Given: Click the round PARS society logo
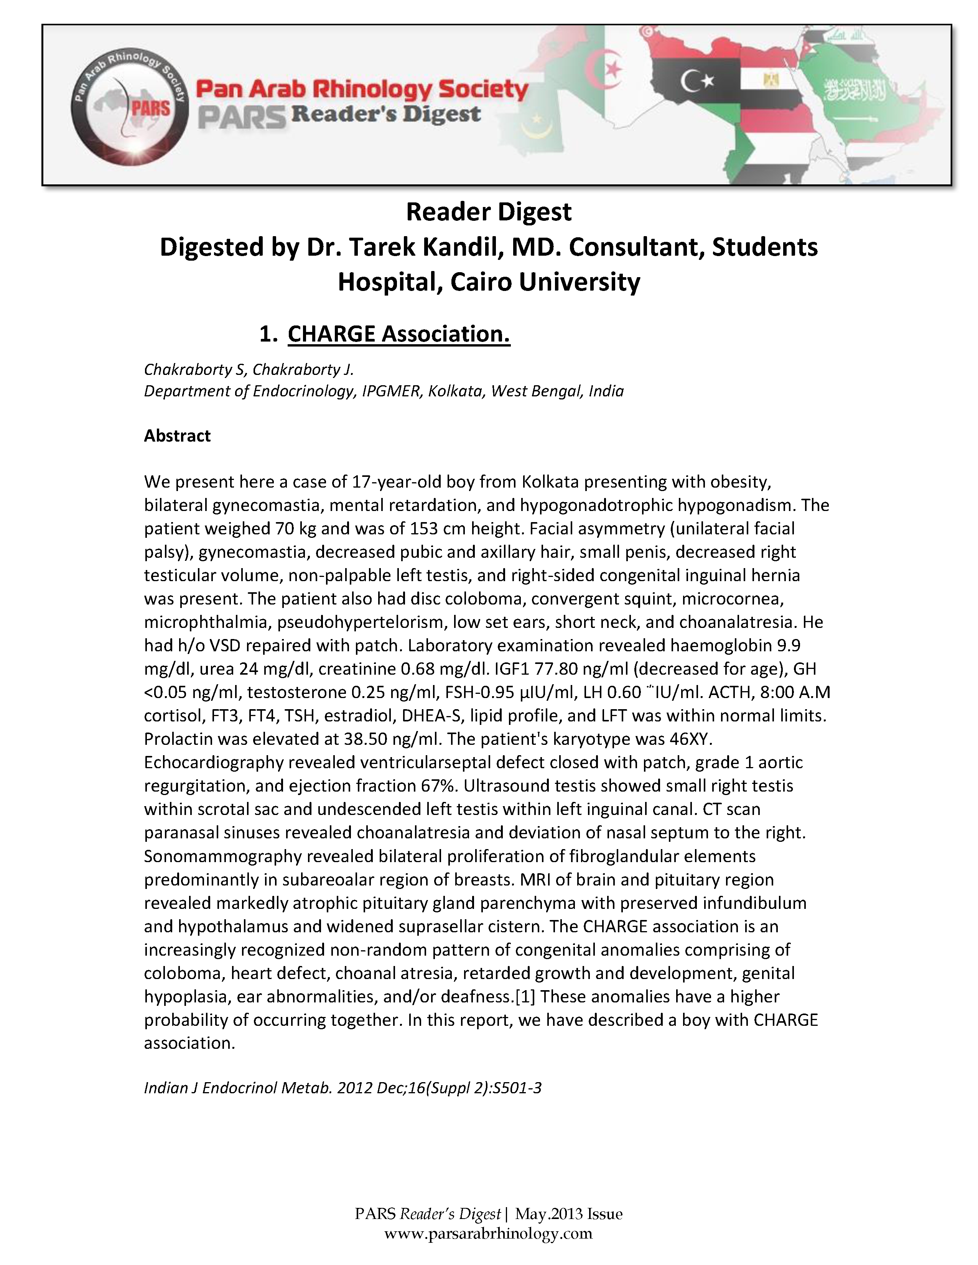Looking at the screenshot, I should pos(130,107).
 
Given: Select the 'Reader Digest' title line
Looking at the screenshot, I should pos(488,212).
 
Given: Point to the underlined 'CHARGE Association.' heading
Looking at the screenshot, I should pos(398,334).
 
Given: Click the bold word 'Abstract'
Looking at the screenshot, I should pos(177,435).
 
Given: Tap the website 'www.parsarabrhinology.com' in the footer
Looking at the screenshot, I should pos(488,1234).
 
